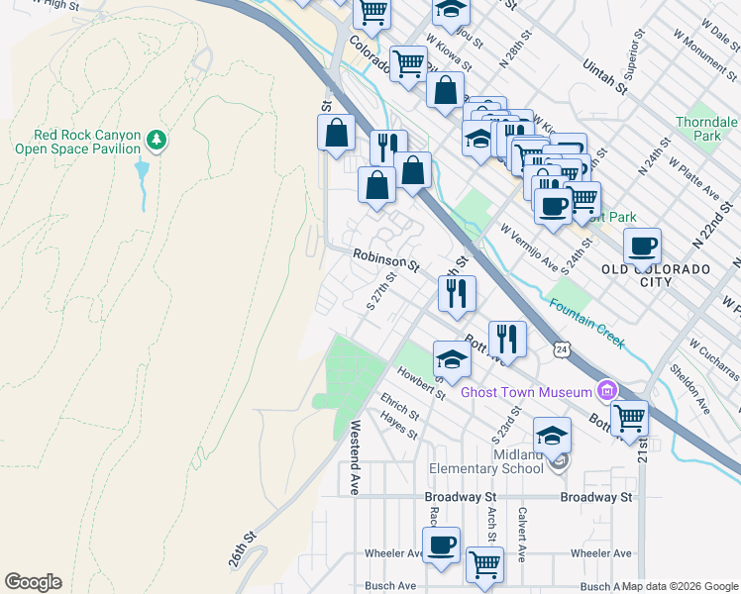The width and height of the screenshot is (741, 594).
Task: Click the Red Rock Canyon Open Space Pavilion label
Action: tap(75, 143)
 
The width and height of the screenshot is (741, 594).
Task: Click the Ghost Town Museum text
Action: tap(525, 393)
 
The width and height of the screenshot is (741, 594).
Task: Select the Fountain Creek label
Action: tap(587, 323)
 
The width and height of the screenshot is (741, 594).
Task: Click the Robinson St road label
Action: tap(386, 260)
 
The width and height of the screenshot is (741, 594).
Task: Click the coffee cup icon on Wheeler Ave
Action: tap(441, 544)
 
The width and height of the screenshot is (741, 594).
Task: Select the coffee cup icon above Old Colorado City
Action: tap(642, 245)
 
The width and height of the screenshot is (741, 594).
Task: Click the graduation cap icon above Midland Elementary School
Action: tap(552, 434)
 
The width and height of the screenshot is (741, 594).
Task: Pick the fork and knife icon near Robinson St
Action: tap(457, 292)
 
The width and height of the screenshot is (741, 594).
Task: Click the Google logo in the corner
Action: tap(33, 581)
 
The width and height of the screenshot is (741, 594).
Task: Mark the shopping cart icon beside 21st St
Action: tap(629, 418)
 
